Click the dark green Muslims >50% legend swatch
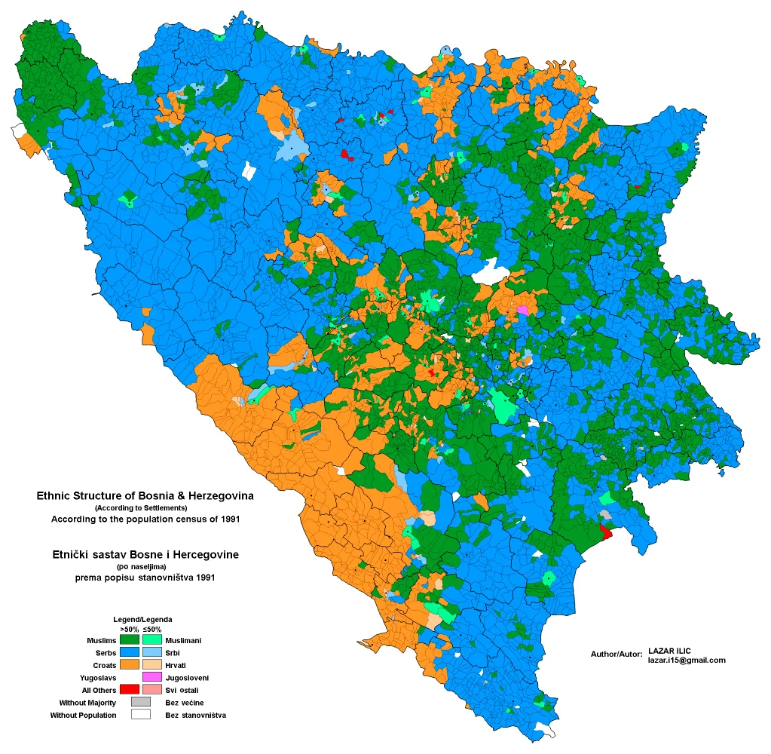[130, 640]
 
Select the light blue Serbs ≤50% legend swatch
[152, 652]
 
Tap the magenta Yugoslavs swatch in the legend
[152, 677]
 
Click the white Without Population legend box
[141, 714]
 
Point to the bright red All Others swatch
[130, 689]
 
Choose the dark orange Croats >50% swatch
[130, 664]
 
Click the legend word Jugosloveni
[187, 678]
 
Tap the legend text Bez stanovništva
[196, 715]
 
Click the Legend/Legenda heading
[142, 619]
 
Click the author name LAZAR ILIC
[669, 650]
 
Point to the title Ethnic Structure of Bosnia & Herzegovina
[145, 496]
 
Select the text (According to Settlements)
[145, 508]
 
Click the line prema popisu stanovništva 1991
[145, 578]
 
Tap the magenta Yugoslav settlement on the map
[522, 309]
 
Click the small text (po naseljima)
[141, 566]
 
